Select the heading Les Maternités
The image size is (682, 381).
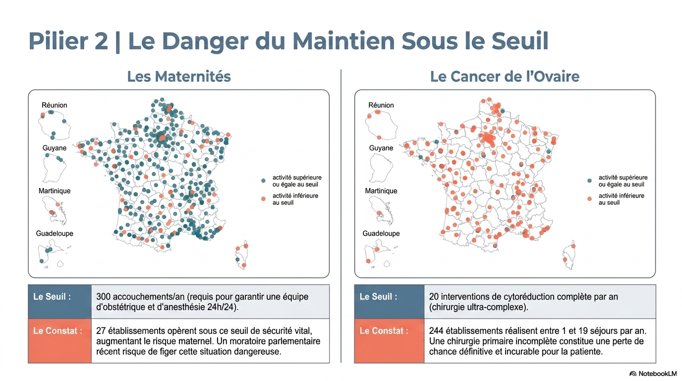point(179,77)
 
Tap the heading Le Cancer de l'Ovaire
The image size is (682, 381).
point(505,77)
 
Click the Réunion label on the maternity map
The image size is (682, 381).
point(55,105)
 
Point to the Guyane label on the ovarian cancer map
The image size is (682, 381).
point(381,148)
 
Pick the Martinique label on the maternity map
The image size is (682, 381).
point(55,191)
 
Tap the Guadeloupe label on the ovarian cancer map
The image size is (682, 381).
point(381,233)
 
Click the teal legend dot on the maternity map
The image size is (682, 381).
point(263,181)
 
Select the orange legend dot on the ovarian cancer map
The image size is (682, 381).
point(589,199)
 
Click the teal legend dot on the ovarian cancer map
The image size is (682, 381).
point(589,181)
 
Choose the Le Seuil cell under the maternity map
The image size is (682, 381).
point(60,302)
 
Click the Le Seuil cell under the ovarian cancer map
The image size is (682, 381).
point(389,302)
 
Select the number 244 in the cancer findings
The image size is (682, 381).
point(437,331)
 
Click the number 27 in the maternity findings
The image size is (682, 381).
point(101,331)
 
